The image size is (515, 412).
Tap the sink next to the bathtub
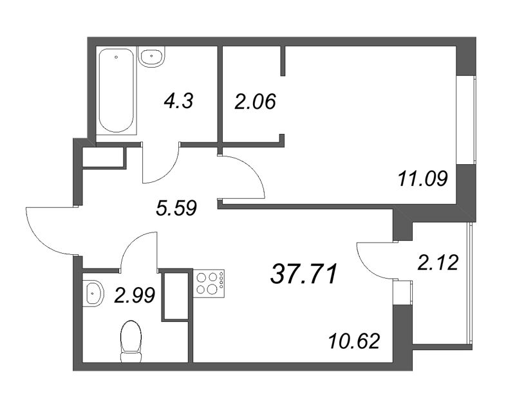[x=151, y=57]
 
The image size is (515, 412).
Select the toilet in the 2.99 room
[x=131, y=341]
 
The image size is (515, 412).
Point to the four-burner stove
[x=209, y=283]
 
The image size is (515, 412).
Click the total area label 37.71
[x=303, y=274]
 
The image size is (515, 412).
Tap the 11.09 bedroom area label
[x=423, y=180]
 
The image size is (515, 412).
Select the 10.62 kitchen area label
[x=355, y=341]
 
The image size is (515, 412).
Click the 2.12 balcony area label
[x=438, y=263]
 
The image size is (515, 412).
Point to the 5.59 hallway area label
[x=176, y=209]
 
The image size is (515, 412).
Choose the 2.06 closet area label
[x=255, y=101]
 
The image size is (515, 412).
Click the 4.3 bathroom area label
[x=178, y=101]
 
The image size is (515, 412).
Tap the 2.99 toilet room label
[x=135, y=295]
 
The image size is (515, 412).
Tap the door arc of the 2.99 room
[x=131, y=243]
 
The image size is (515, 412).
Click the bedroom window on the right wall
[x=466, y=119]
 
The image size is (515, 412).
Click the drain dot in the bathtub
[x=117, y=57]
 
